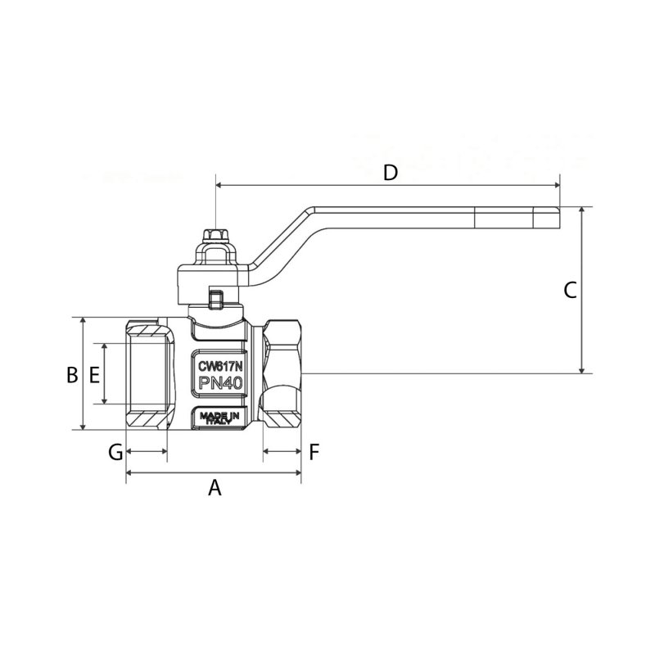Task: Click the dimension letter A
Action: pos(215,487)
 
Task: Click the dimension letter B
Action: pos(72,375)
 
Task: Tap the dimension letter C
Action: pos(570,291)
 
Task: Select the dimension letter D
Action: pos(391,173)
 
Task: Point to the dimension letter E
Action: pos(94,375)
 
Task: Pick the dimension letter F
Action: pos(314,452)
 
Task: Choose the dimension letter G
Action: pos(115,452)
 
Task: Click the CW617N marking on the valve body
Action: pos(220,366)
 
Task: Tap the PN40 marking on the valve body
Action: pos(220,382)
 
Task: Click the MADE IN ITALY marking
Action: pos(219,418)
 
